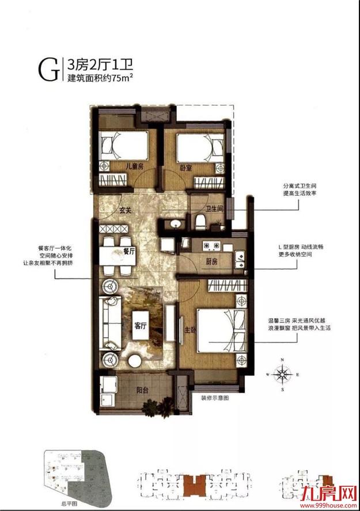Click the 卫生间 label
coord(214,211)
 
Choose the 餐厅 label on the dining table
coord(128,251)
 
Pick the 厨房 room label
coord(211,261)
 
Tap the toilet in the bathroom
coord(199,222)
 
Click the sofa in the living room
coord(108,322)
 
